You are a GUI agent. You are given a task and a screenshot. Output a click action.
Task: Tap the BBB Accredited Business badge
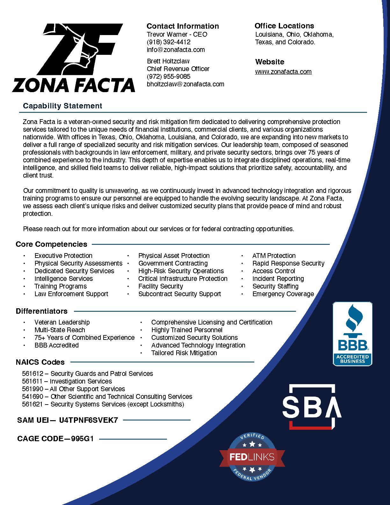click(352, 334)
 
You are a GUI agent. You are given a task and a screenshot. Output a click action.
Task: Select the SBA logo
click(312, 406)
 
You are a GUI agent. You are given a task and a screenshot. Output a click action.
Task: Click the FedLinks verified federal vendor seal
click(252, 457)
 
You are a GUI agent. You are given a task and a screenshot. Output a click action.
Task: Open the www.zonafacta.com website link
click(283, 72)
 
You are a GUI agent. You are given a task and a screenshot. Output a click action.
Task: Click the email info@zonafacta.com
click(176, 50)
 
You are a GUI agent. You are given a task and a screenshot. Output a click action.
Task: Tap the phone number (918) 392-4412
click(169, 42)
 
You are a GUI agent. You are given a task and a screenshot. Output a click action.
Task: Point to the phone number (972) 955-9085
click(169, 77)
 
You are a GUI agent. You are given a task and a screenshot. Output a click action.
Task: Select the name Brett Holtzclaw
click(168, 61)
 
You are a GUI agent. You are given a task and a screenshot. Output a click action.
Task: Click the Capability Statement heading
click(62, 106)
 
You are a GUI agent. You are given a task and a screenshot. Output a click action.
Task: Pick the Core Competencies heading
click(51, 244)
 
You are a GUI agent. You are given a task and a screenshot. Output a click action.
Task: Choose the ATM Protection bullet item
click(274, 256)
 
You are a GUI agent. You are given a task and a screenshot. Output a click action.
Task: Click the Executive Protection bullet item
click(63, 256)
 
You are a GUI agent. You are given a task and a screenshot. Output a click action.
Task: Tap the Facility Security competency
click(161, 286)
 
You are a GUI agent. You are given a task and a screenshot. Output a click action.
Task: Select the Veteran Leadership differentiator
click(62, 322)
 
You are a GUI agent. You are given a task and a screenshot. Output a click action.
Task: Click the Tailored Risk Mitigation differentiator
click(184, 353)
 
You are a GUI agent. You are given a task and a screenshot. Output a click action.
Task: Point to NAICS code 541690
click(31, 397)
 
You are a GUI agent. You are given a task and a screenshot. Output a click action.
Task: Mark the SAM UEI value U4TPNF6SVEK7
click(89, 420)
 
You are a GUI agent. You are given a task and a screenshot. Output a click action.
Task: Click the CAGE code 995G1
click(83, 439)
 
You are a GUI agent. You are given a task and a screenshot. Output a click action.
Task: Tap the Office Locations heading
click(284, 26)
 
